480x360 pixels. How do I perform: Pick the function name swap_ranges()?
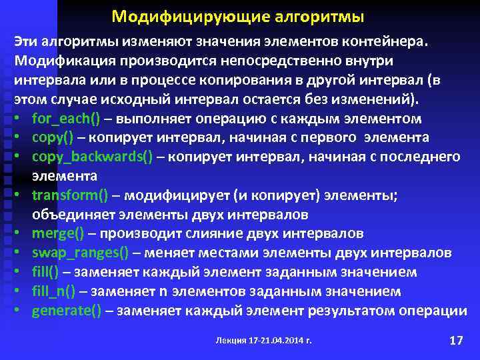[x=80, y=253]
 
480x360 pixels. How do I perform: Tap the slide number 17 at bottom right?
[x=456, y=341]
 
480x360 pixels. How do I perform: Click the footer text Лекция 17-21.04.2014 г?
[x=264, y=341]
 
